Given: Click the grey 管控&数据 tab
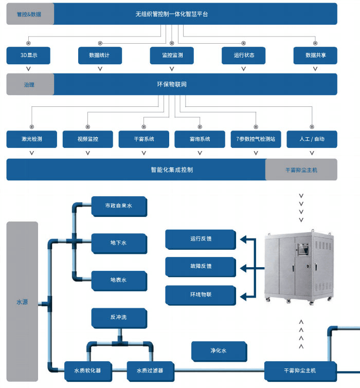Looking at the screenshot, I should pyautogui.click(x=29, y=14).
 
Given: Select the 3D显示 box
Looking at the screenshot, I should pyautogui.click(x=28, y=56).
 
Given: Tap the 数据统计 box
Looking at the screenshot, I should pyautogui.click(x=100, y=56).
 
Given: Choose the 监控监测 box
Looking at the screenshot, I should pyautogui.click(x=172, y=56).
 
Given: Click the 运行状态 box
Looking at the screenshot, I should pyautogui.click(x=243, y=56).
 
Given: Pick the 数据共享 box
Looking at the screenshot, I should pyautogui.click(x=315, y=56).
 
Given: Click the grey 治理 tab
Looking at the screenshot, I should pyautogui.click(x=29, y=84).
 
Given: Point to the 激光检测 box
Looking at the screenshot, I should pyautogui.click(x=31, y=139).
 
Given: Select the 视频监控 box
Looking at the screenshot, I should pyautogui.click(x=87, y=139).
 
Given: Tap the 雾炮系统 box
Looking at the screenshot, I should pyautogui.click(x=200, y=139).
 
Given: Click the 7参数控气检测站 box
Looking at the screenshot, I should pyautogui.click(x=256, y=139).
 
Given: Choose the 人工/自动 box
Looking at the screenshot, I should pyautogui.click(x=312, y=139).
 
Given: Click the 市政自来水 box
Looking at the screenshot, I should pyautogui.click(x=118, y=206).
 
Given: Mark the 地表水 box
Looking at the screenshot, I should pyautogui.click(x=118, y=280).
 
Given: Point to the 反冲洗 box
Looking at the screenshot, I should pyautogui.click(x=118, y=318).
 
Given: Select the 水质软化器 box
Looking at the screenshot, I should pyautogui.click(x=87, y=370).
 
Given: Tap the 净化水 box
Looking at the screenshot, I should pyautogui.click(x=218, y=350).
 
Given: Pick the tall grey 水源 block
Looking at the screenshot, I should pyautogui.click(x=22, y=303).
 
